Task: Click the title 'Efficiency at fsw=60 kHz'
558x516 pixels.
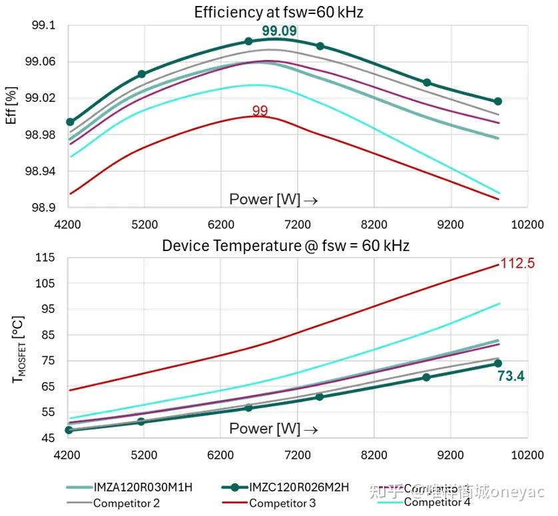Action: (278, 12)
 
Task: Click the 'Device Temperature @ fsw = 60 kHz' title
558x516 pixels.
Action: (286, 246)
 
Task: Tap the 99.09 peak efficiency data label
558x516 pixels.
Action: (279, 31)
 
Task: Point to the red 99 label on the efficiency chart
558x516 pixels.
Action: (260, 111)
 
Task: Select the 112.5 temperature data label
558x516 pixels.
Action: (517, 263)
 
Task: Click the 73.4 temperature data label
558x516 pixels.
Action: (511, 377)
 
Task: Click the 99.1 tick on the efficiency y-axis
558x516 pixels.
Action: (45, 25)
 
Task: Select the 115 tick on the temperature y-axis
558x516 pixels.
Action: (45, 258)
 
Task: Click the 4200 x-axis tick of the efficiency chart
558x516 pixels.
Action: (68, 224)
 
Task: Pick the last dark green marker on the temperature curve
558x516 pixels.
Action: (498, 363)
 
